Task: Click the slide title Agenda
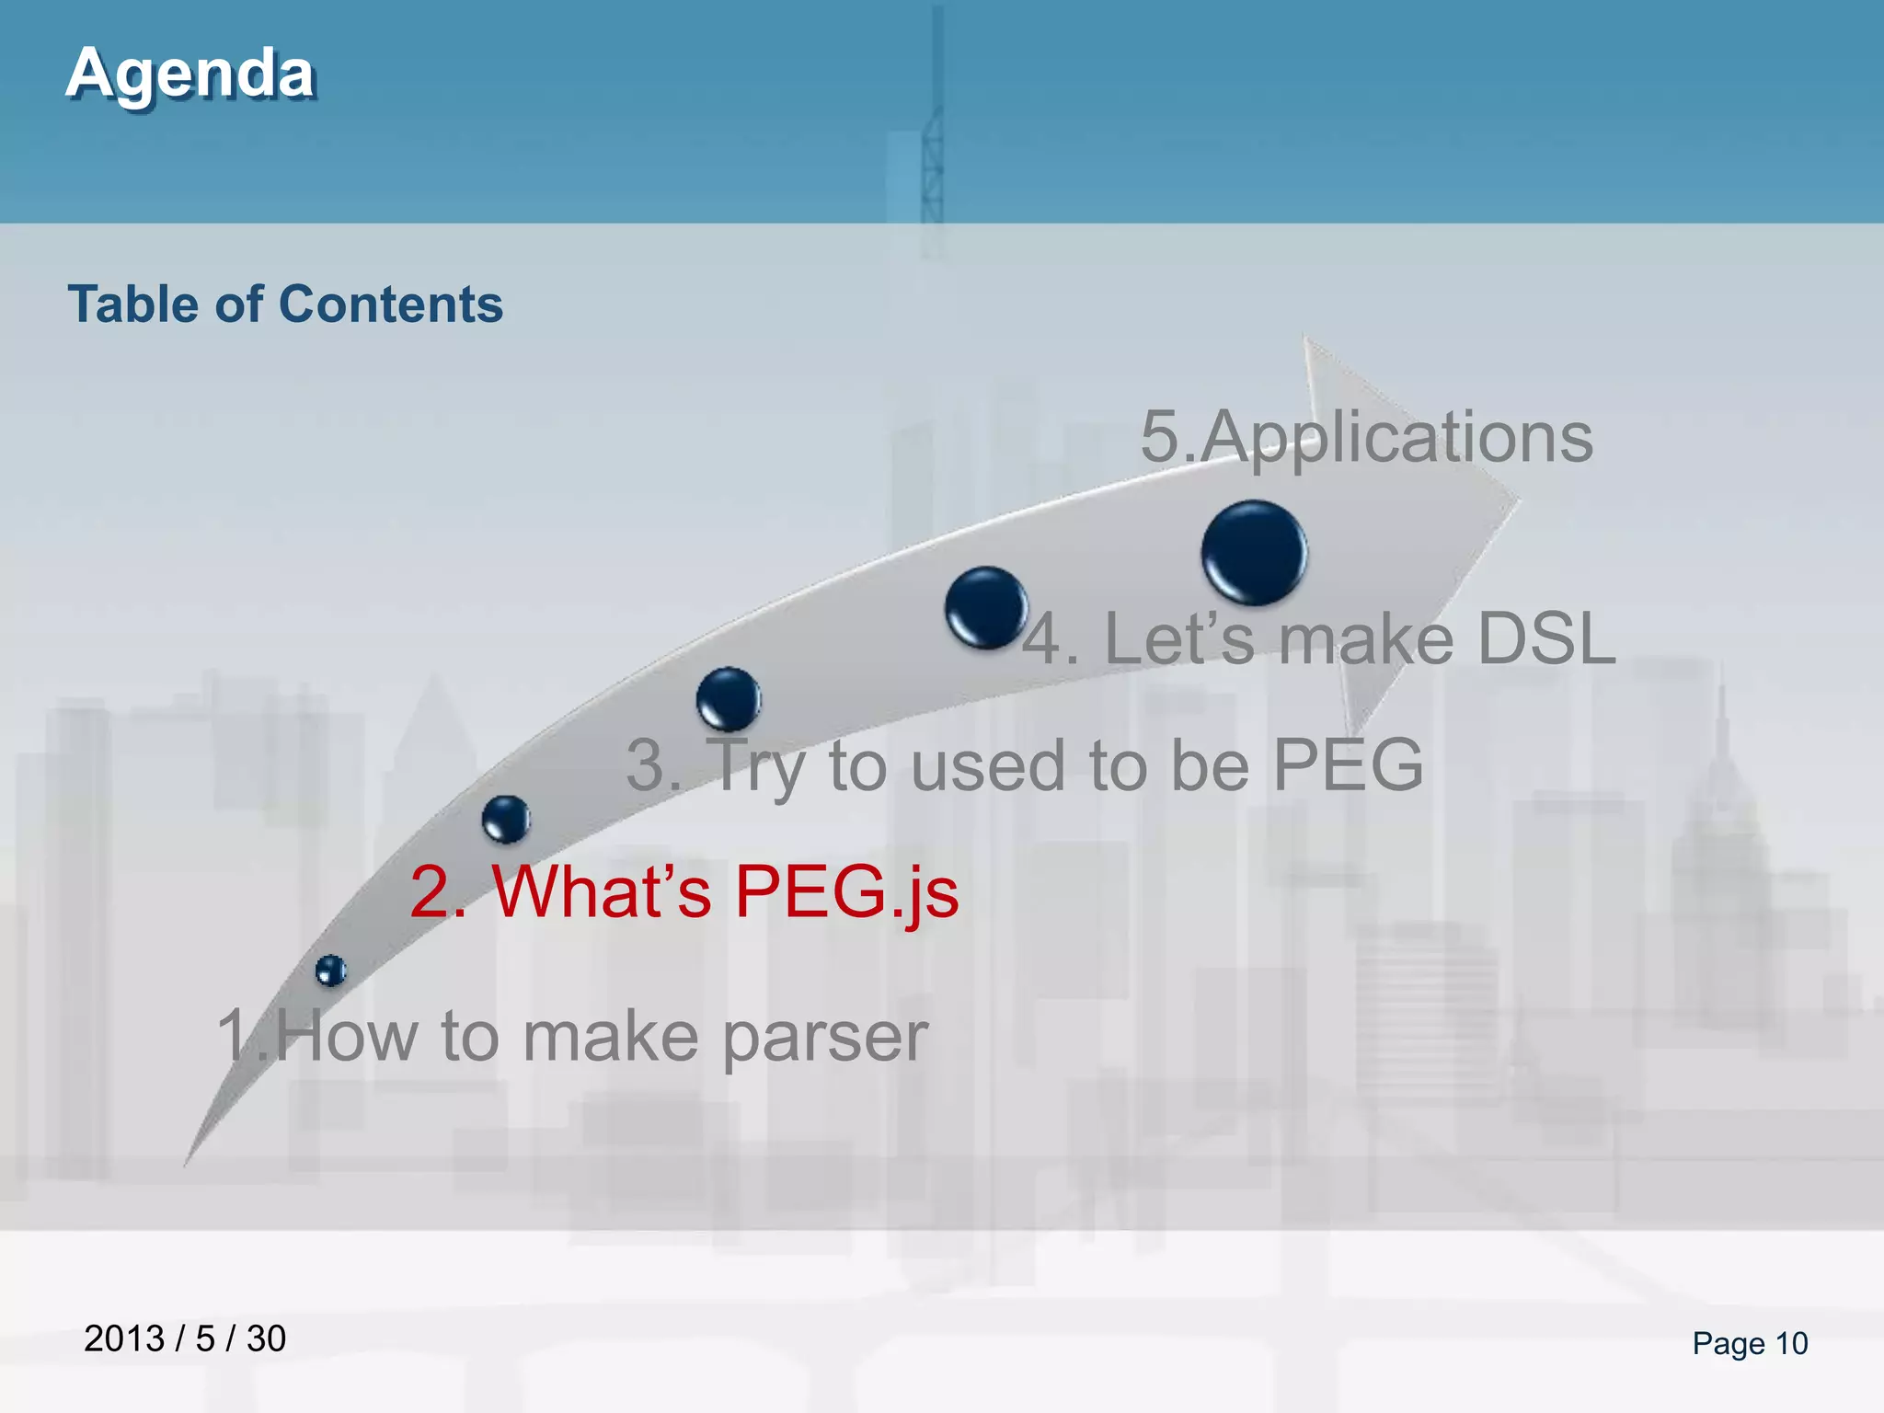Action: [190, 74]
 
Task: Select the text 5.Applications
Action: [1366, 437]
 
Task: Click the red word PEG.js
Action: [846, 892]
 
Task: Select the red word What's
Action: [603, 892]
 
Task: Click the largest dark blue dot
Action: [1254, 553]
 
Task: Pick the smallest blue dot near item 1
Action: [330, 971]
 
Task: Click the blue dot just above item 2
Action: [506, 819]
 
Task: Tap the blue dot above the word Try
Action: [729, 699]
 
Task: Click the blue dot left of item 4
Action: [985, 607]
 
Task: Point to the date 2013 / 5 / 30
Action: [185, 1338]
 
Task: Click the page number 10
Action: [1791, 1344]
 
